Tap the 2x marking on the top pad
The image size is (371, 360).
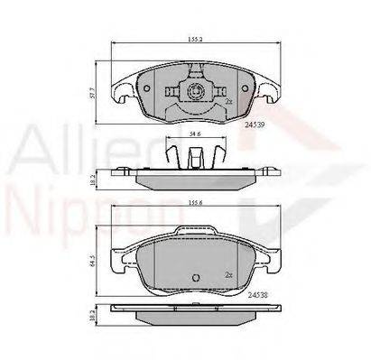tap(229, 101)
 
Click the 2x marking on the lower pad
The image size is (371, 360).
tap(229, 272)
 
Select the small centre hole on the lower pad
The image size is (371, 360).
tap(193, 278)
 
